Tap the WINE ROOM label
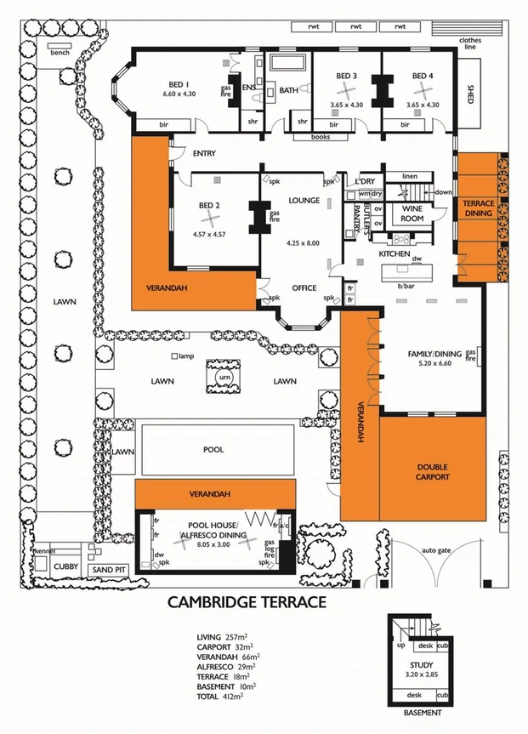tap(412, 213)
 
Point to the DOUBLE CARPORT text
tap(431, 472)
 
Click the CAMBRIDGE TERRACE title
tap(247, 602)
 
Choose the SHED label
tap(470, 94)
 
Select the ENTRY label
tap(204, 154)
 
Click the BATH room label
tap(288, 90)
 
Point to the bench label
tap(60, 53)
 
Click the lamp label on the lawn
tap(188, 356)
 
